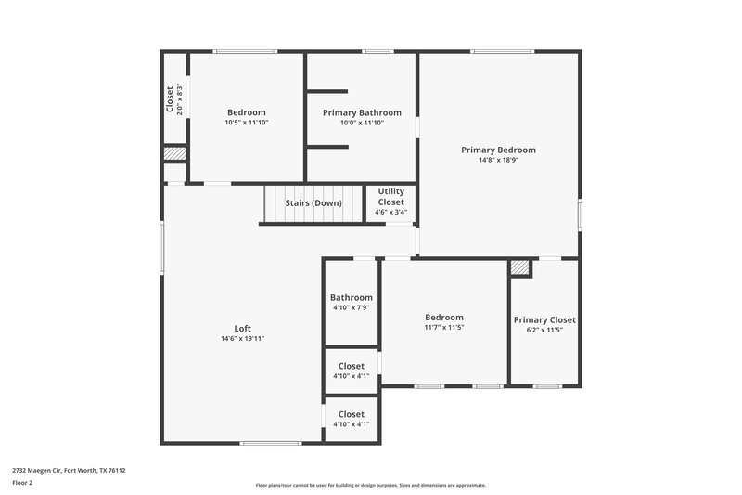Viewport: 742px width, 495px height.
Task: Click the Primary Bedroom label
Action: [x=498, y=150]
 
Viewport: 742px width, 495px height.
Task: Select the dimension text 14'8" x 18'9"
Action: [x=498, y=160]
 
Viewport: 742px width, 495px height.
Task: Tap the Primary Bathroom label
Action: [x=362, y=112]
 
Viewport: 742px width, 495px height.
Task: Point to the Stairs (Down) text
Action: [x=313, y=202]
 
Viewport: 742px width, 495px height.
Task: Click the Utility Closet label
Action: [x=390, y=196]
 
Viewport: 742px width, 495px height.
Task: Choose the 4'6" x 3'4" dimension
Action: [x=390, y=212]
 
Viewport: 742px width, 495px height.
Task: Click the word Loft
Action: [x=242, y=328]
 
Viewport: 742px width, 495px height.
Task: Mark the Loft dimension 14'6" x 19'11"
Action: [x=242, y=338]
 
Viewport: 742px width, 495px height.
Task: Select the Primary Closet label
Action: [x=544, y=319]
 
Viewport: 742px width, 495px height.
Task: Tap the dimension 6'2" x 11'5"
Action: [x=544, y=330]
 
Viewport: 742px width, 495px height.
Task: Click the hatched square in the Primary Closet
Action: [x=520, y=267]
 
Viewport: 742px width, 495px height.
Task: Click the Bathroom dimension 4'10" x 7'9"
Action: [x=351, y=307]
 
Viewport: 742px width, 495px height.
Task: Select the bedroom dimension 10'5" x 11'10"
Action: [x=247, y=123]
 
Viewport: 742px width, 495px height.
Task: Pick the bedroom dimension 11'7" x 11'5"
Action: [x=444, y=327]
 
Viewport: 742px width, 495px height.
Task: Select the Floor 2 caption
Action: [x=22, y=483]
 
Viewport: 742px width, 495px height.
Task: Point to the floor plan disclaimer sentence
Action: [x=370, y=485]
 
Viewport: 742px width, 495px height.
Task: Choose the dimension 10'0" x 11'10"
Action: [x=362, y=123]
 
